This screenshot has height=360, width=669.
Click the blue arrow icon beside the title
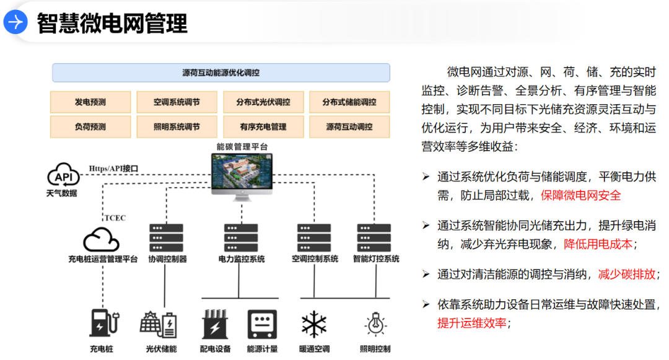pos(15,23)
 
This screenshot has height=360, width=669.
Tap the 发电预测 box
pos(90,102)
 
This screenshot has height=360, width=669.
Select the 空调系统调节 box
pos(177,102)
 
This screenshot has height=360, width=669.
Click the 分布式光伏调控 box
pos(263,102)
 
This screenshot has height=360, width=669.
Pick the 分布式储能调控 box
pos(349,102)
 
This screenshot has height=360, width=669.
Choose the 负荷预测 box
pos(90,126)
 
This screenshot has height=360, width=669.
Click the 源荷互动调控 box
pos(349,126)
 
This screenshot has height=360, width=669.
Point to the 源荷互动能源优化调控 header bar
pos(221,72)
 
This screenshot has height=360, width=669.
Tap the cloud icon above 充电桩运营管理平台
pos(102,240)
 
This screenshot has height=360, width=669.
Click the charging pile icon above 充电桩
pos(103,323)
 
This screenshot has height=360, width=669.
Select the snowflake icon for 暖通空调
pos(314,324)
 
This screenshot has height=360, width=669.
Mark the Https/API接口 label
pos(113,168)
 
